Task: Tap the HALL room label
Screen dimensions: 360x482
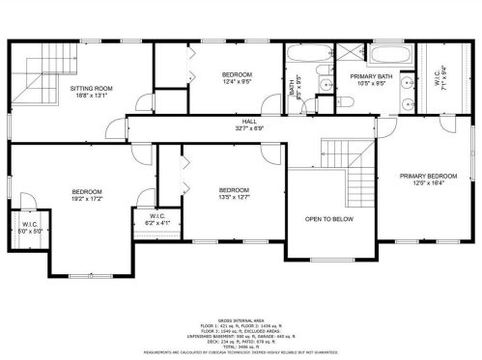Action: (249, 121)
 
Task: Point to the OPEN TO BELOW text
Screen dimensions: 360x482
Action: (329, 219)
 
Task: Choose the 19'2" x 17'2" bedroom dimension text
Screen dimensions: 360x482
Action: (87, 199)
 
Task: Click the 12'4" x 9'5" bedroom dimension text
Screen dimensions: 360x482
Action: (237, 82)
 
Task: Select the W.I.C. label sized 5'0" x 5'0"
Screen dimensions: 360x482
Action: (23, 225)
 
